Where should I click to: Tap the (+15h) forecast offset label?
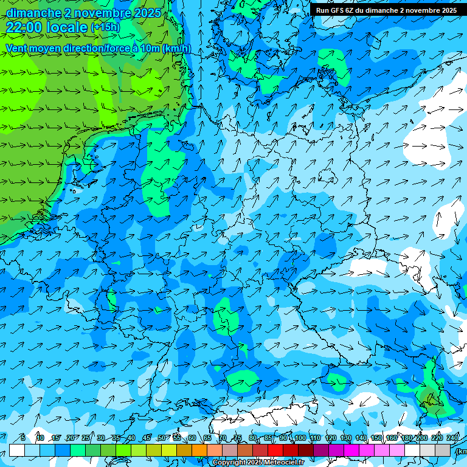(x=105, y=27)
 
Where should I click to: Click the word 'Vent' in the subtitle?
(x=17, y=49)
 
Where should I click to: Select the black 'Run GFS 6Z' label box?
(x=386, y=10)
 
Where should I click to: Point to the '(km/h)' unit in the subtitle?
(x=177, y=49)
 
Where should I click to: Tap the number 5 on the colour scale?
(x=22, y=438)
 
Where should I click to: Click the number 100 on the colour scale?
(x=300, y=438)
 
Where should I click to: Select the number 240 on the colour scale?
(x=452, y=438)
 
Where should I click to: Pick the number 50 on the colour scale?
(x=162, y=438)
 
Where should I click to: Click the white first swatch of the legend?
(x=17, y=450)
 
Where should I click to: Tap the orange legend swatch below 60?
(x=199, y=450)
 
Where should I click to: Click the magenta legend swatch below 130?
(x=351, y=450)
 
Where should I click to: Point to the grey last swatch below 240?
(x=443, y=450)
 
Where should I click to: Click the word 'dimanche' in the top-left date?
(x=33, y=13)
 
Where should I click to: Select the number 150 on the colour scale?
(x=376, y=438)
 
